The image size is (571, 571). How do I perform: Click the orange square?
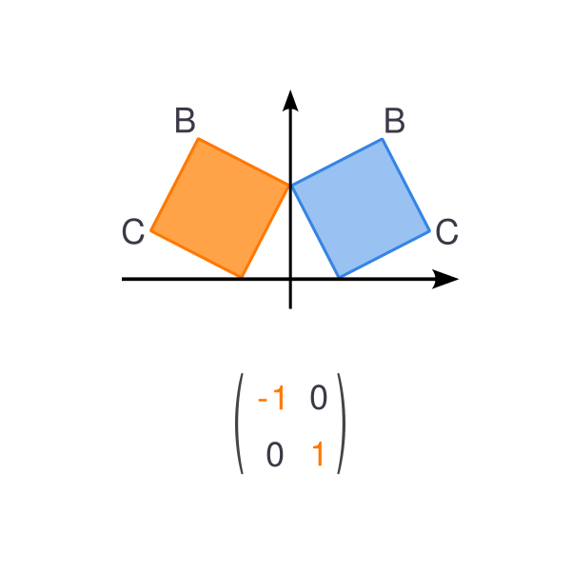(x=221, y=207)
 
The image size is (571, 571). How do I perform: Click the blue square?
(x=361, y=207)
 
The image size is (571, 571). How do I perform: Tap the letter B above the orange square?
(x=185, y=120)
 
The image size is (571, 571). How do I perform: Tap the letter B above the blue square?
(x=394, y=120)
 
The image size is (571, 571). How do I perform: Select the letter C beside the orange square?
(x=133, y=231)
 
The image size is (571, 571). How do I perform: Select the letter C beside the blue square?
(x=447, y=231)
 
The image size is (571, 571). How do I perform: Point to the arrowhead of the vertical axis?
(x=290, y=101)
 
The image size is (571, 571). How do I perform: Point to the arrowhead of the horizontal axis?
(x=445, y=279)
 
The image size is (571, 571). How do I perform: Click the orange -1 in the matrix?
(x=271, y=398)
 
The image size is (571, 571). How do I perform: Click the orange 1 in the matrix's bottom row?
(x=318, y=453)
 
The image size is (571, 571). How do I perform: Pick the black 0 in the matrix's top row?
(x=318, y=398)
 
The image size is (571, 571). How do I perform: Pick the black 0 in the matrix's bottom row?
(x=275, y=454)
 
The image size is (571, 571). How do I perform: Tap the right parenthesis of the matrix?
(x=343, y=423)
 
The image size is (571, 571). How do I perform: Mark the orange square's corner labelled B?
(x=199, y=139)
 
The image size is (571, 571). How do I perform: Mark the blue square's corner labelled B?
(x=382, y=139)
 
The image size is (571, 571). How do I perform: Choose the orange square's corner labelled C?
(x=151, y=230)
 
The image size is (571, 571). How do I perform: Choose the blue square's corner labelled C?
(x=430, y=230)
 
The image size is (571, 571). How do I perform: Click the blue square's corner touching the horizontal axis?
(x=340, y=278)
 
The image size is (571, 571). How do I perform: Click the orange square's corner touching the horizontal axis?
(x=241, y=278)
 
